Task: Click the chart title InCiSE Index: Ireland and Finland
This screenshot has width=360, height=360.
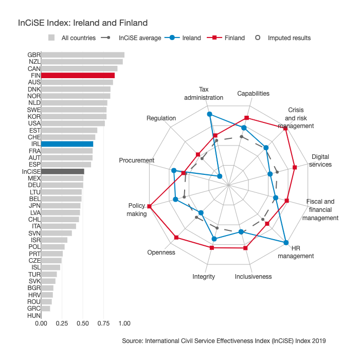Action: pyautogui.click(x=83, y=23)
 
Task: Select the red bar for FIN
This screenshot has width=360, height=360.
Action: pyautogui.click(x=78, y=76)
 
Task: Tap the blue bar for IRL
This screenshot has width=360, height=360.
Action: pyautogui.click(x=67, y=144)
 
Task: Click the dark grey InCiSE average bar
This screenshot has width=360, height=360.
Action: pyautogui.click(x=62, y=171)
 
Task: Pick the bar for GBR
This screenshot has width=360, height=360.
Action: pyautogui.click(x=82, y=55)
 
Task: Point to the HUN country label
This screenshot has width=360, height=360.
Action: pyautogui.click(x=34, y=315)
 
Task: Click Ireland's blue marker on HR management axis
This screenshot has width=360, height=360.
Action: pyautogui.click(x=286, y=242)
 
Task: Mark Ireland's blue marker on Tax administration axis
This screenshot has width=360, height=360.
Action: pyautogui.click(x=209, y=114)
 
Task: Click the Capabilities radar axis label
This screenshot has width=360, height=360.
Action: pyautogui.click(x=253, y=94)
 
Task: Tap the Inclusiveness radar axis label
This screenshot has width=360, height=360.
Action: pyautogui.click(x=253, y=277)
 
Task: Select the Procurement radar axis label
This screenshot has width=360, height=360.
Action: pyautogui.click(x=137, y=160)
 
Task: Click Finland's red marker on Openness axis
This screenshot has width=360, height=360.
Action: pyautogui.click(x=176, y=238)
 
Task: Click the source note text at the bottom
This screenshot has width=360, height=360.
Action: pyautogui.click(x=224, y=341)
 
